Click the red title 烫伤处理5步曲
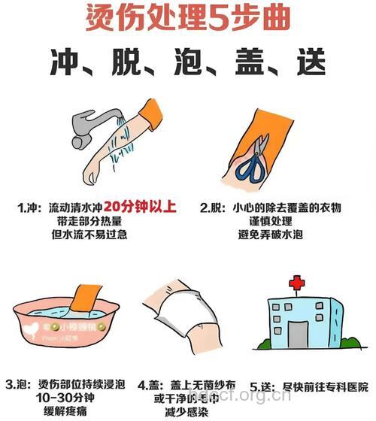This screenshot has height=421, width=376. pos(187,17)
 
